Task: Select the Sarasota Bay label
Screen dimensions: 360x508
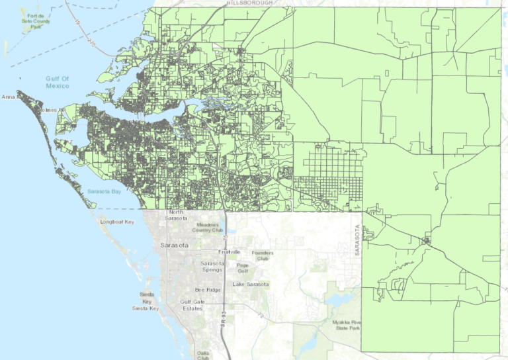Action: [x=104, y=191]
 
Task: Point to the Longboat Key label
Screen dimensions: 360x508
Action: [x=117, y=222]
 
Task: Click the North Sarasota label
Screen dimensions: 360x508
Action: [x=176, y=214]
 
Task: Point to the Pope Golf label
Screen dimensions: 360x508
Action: [x=243, y=268]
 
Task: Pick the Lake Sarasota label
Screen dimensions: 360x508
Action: [x=251, y=284]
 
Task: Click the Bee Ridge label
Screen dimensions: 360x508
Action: [x=208, y=290]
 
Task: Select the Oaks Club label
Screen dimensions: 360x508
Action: [x=204, y=356]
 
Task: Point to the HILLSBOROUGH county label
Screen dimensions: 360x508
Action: [x=251, y=3]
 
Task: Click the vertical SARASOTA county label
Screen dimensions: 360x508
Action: [x=357, y=240]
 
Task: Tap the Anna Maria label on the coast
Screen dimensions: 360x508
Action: [x=9, y=97]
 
